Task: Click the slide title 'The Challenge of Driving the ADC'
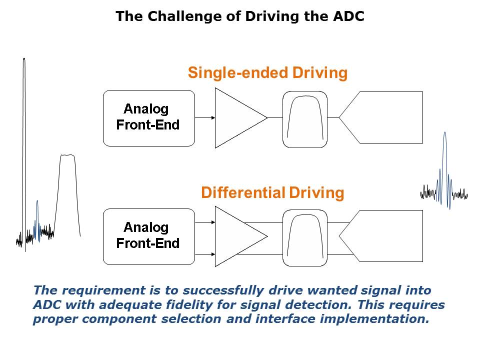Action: coord(240,16)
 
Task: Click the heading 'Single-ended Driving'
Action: coord(267,73)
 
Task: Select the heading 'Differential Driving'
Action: coord(272,192)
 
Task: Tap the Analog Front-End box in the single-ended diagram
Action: coord(148,118)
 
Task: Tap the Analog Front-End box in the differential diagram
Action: coord(148,236)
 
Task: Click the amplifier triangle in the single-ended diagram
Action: coord(235,118)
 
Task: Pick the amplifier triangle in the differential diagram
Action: coord(235,236)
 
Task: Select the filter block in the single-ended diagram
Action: coord(305,119)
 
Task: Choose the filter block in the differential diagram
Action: coord(305,238)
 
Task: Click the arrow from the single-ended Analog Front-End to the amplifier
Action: coord(205,118)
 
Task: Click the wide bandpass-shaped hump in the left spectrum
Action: coord(67,190)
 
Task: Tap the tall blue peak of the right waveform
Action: coord(444,160)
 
